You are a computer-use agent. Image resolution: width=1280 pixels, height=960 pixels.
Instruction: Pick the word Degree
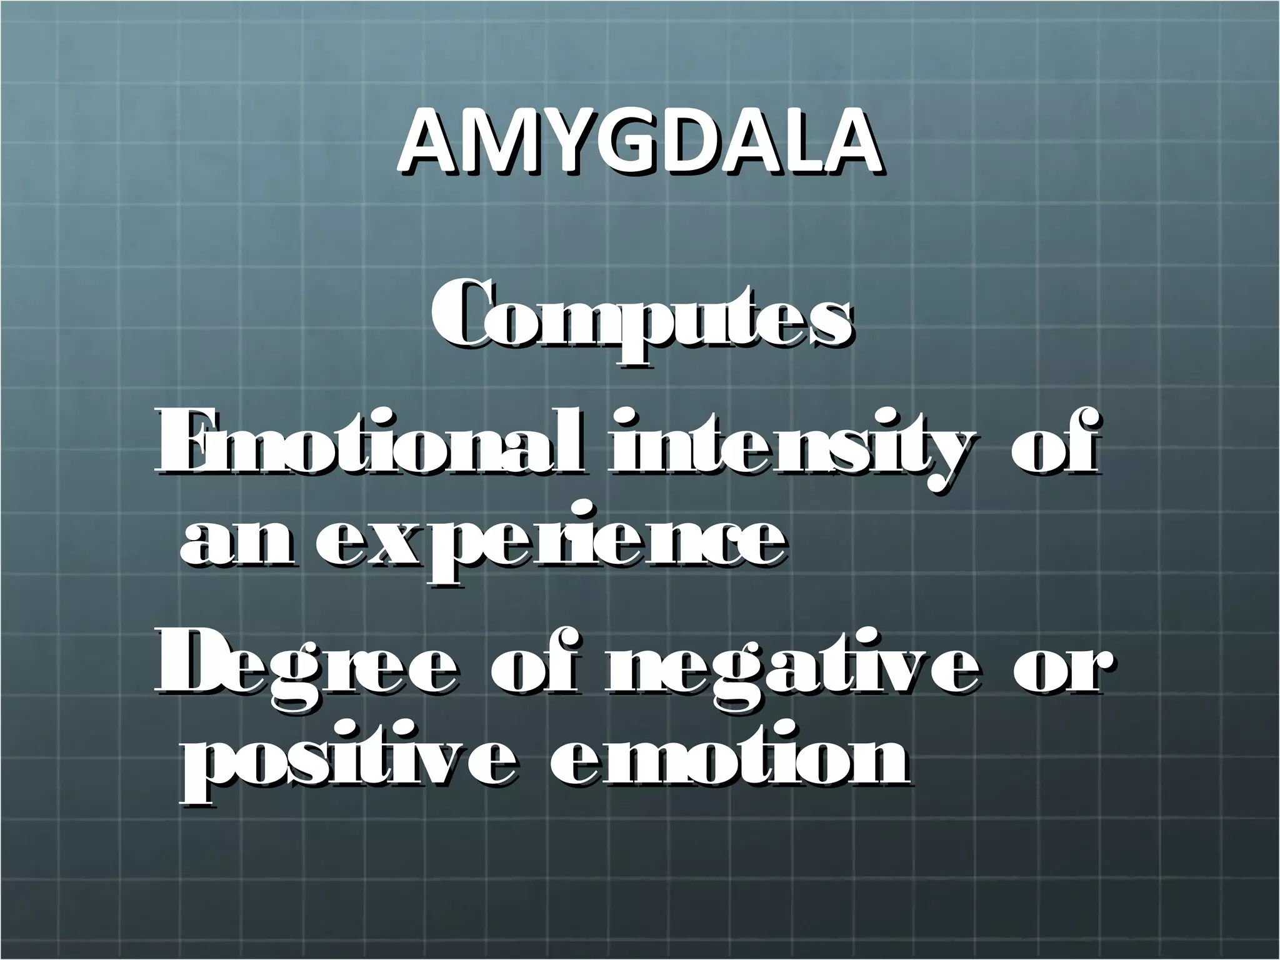click(x=306, y=672)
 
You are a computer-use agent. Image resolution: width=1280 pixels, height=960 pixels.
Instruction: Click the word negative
click(x=791, y=672)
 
